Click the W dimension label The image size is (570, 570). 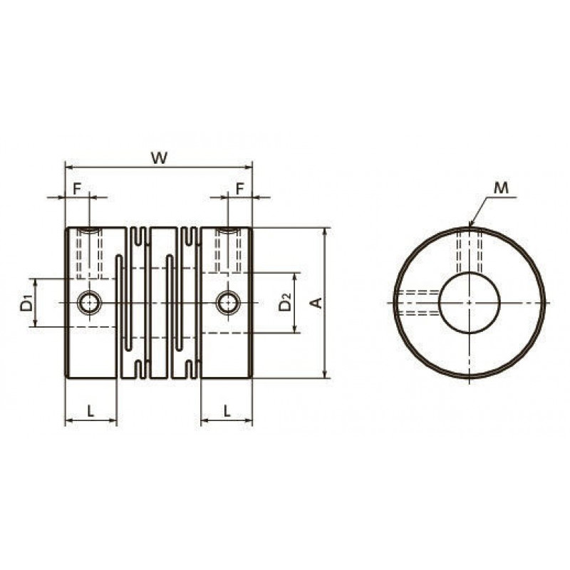tap(159, 158)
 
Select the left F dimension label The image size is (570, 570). tap(77, 189)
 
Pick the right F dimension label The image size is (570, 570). tap(239, 189)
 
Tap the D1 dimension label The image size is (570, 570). tap(26, 304)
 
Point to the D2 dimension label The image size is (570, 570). tap(286, 303)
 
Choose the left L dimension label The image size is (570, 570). tap(90, 411)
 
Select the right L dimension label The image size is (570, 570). tap(227, 411)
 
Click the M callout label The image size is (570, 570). tap(502, 188)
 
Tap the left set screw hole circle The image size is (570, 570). tap(90, 302)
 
